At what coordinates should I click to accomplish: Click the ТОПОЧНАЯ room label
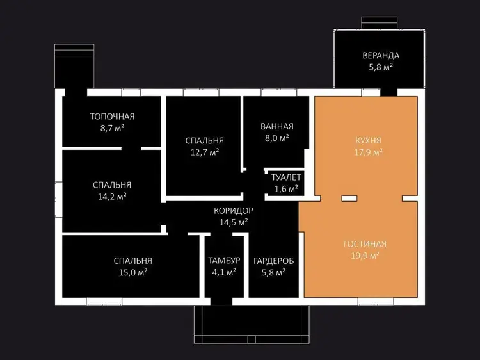112,117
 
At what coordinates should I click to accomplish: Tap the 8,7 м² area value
113,127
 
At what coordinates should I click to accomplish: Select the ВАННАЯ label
277,126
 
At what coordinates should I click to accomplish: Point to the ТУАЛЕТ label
286,177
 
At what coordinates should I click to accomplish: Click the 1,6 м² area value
286,189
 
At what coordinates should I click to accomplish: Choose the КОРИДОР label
233,211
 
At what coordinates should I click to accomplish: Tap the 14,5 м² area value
234,222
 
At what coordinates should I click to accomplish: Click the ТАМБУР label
224,261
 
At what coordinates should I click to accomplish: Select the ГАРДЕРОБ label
274,261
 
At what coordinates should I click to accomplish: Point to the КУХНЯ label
368,141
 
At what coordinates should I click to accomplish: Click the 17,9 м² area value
369,152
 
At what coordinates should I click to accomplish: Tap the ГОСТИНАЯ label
365,244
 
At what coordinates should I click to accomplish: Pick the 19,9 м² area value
365,255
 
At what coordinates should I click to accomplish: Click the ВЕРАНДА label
381,56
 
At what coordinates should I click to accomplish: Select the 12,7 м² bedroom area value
205,152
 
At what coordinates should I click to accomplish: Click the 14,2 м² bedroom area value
112,197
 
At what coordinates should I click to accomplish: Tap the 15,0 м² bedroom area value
133,272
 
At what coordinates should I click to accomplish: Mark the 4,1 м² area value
224,272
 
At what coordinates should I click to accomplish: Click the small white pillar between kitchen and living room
349,199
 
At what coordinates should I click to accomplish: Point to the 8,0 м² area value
277,138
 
